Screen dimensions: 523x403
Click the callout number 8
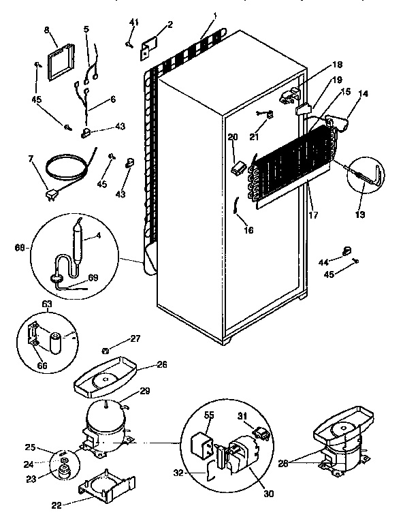47,30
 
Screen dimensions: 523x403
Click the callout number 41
134,22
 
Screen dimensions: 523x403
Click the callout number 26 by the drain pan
162,364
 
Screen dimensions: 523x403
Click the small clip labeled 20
238,163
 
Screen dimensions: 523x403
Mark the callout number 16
248,230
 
